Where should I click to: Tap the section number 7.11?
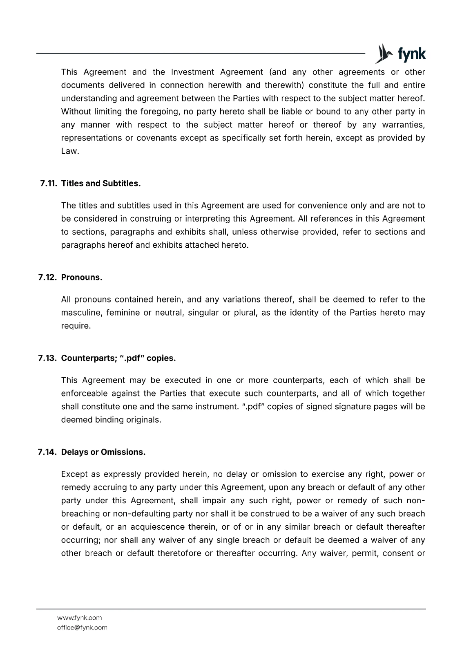click(49, 184)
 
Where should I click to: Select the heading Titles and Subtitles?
click(101, 184)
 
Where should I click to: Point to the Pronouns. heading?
click(82, 278)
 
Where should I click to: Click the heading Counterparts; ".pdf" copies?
click(118, 358)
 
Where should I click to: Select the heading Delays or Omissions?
click(103, 452)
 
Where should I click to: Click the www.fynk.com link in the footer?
click(80, 618)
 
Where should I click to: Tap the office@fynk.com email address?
click(82, 628)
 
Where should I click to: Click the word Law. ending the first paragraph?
click(70, 151)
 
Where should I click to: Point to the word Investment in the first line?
click(192, 72)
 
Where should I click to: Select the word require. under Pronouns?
click(76, 326)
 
